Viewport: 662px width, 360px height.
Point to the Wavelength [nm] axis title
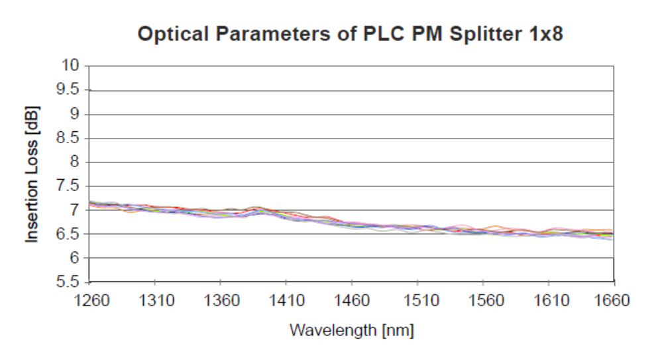351,330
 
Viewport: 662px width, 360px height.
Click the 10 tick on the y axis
72,65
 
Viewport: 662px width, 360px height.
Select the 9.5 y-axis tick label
68,90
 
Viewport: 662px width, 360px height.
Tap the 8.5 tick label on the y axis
68,138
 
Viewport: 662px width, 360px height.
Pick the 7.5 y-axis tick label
68,186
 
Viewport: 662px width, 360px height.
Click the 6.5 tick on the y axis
68,234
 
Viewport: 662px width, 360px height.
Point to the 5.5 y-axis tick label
68,282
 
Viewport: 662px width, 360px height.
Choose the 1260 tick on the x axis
91,300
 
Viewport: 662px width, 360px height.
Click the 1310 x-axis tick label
156,300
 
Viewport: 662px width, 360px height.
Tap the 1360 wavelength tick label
222,300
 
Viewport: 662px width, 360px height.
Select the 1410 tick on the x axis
287,300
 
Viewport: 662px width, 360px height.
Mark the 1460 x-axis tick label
353,300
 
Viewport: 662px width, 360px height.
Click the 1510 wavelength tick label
418,300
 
